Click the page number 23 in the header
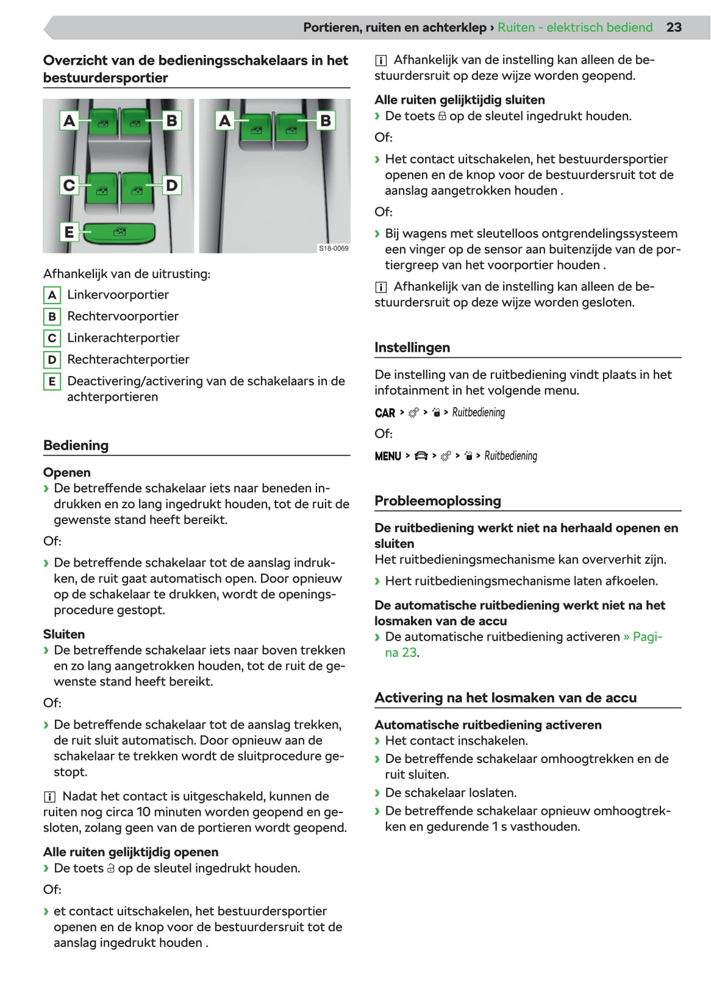[674, 27]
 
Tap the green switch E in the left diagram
[119, 232]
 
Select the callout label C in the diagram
[69, 185]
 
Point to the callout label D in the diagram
[172, 185]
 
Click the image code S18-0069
[334, 248]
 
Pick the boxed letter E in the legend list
[52, 382]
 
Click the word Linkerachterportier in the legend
[123, 338]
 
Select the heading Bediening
[76, 445]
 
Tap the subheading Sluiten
[64, 634]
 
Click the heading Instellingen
[412, 348]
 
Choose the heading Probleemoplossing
[438, 501]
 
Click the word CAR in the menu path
[385, 413]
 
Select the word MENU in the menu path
[388, 456]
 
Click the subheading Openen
[66, 472]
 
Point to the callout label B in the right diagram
[326, 121]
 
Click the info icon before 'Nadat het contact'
[49, 797]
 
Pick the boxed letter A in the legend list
[52, 295]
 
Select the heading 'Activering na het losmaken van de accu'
[506, 698]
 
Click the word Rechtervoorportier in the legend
[123, 316]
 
